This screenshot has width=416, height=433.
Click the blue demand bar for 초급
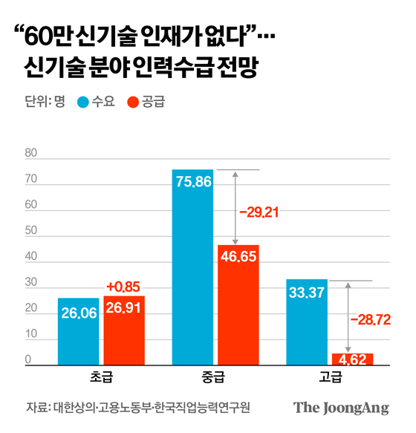click(79, 331)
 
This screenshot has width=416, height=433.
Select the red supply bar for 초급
click(124, 331)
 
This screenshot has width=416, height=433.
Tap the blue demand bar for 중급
click(192, 267)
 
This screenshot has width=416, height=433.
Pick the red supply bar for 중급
click(238, 305)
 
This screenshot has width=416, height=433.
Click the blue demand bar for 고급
click(306, 322)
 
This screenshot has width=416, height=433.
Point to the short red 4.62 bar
click(351, 359)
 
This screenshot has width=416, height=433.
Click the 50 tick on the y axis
click(30, 232)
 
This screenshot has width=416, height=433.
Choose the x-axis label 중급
click(215, 377)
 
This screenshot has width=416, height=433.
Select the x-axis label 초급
click(101, 377)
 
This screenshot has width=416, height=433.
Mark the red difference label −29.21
click(259, 213)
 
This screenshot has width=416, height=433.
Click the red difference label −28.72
click(372, 322)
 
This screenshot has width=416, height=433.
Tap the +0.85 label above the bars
click(123, 286)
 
